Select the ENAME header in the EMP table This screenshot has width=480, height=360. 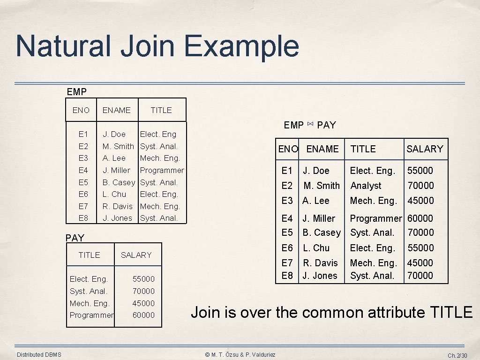(116, 110)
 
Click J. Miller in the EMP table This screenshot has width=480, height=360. (116, 170)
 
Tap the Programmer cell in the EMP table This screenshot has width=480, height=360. (162, 170)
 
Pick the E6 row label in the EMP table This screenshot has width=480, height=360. (83, 194)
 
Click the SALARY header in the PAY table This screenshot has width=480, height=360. (136, 255)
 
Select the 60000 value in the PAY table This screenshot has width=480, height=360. (143, 315)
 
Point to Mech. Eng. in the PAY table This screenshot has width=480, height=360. (89, 303)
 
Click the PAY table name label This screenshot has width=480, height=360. (75, 238)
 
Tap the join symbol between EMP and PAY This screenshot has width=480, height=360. (310, 124)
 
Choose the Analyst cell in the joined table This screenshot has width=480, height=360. (366, 186)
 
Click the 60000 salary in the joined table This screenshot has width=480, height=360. (420, 218)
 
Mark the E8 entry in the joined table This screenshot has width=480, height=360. (287, 276)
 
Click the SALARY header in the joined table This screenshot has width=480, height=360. (424, 149)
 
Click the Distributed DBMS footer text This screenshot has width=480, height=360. (39, 355)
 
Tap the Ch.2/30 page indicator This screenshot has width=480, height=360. (457, 355)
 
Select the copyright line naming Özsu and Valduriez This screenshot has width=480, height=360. (240, 355)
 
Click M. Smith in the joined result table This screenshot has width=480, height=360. (322, 186)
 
